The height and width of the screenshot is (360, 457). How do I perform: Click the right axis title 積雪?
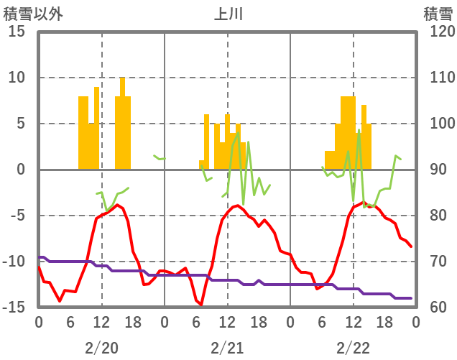[438, 14]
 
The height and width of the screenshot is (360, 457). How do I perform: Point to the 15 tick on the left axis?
[17, 32]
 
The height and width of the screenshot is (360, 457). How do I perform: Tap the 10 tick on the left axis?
[17, 78]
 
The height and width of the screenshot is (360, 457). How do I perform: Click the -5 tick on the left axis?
[17, 216]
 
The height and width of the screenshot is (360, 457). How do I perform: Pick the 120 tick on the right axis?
[437, 32]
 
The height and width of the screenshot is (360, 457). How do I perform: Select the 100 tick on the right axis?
[437, 124]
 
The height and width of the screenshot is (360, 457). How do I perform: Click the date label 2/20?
[101, 348]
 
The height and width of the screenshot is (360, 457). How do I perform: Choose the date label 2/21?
[227, 348]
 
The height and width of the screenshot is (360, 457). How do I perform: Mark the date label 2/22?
[353, 348]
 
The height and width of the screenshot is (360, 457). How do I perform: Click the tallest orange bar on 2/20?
[122, 122]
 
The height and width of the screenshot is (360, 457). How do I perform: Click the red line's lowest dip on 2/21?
[201, 305]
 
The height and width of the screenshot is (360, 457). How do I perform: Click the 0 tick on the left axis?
[19, 170]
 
